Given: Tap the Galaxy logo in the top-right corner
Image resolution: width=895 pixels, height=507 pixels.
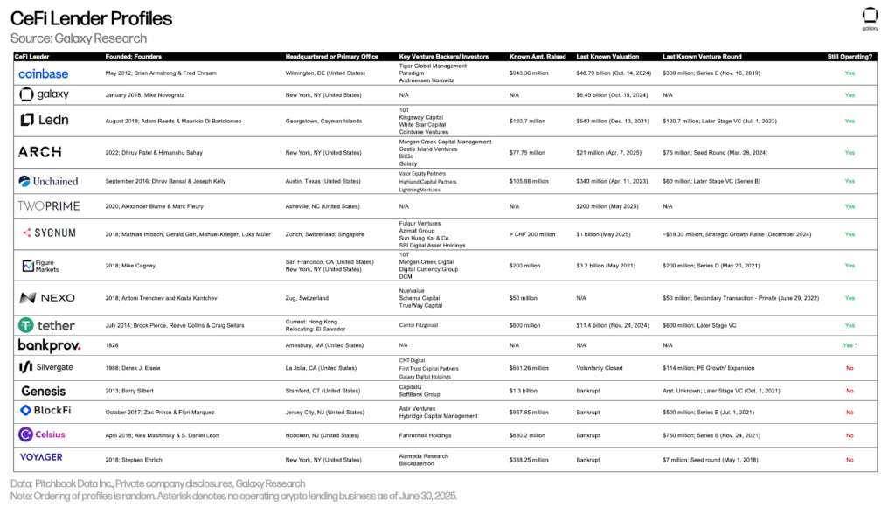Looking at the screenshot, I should [x=870, y=18].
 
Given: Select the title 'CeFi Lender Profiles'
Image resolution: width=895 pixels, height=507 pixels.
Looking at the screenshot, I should [x=91, y=18].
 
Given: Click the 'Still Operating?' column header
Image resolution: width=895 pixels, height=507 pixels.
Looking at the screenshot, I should [x=849, y=56].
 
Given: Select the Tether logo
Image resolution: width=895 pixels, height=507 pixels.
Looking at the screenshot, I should [x=46, y=325].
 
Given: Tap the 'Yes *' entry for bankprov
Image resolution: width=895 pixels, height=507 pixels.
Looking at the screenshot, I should [x=850, y=345].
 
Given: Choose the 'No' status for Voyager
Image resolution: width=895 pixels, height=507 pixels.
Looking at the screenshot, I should [x=850, y=456].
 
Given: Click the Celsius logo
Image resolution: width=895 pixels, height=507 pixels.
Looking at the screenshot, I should [x=43, y=434].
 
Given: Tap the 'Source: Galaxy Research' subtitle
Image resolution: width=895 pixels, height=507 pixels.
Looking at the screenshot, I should [x=79, y=38].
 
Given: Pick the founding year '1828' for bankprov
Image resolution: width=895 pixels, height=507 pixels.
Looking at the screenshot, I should [x=113, y=345].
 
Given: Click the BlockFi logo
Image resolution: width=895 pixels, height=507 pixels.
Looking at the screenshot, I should [x=45, y=411].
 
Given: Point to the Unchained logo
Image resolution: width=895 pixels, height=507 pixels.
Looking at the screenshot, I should [x=48, y=181].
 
